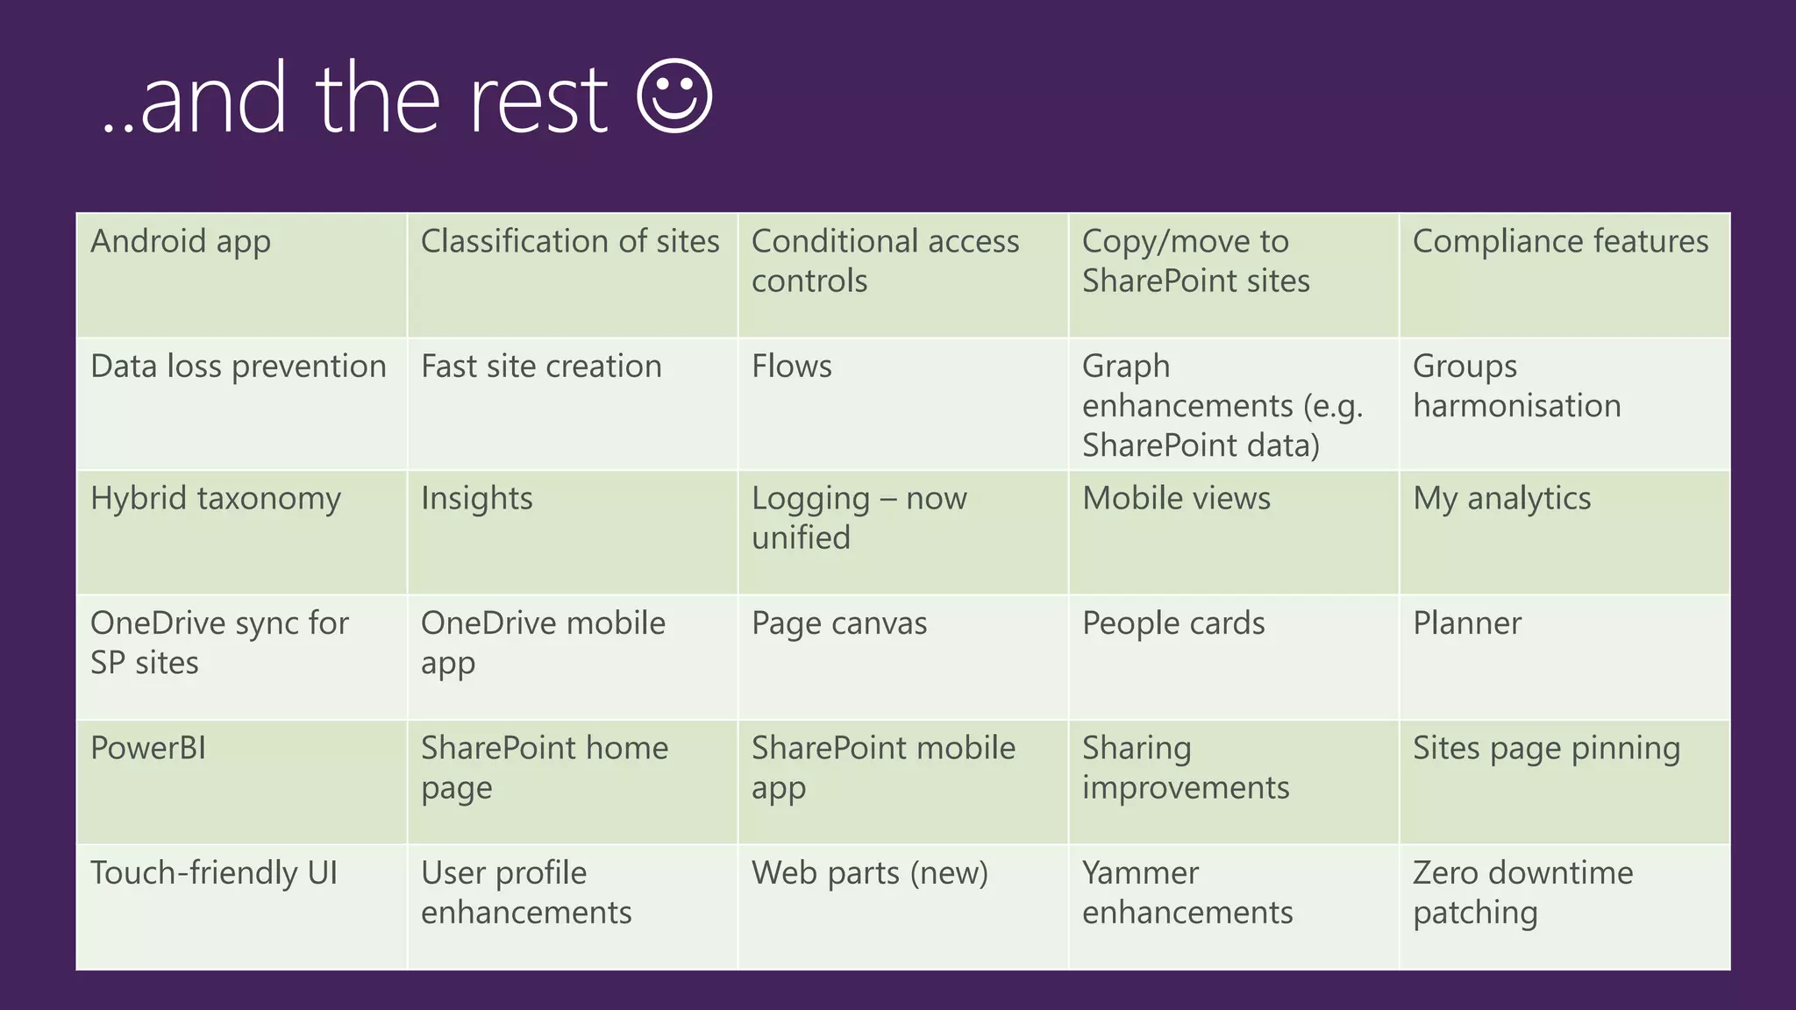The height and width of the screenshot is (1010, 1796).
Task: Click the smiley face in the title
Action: pyautogui.click(x=673, y=96)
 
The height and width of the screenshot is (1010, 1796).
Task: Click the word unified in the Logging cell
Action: pyautogui.click(x=801, y=537)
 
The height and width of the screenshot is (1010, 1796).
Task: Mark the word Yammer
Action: pyautogui.click(x=1140, y=873)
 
